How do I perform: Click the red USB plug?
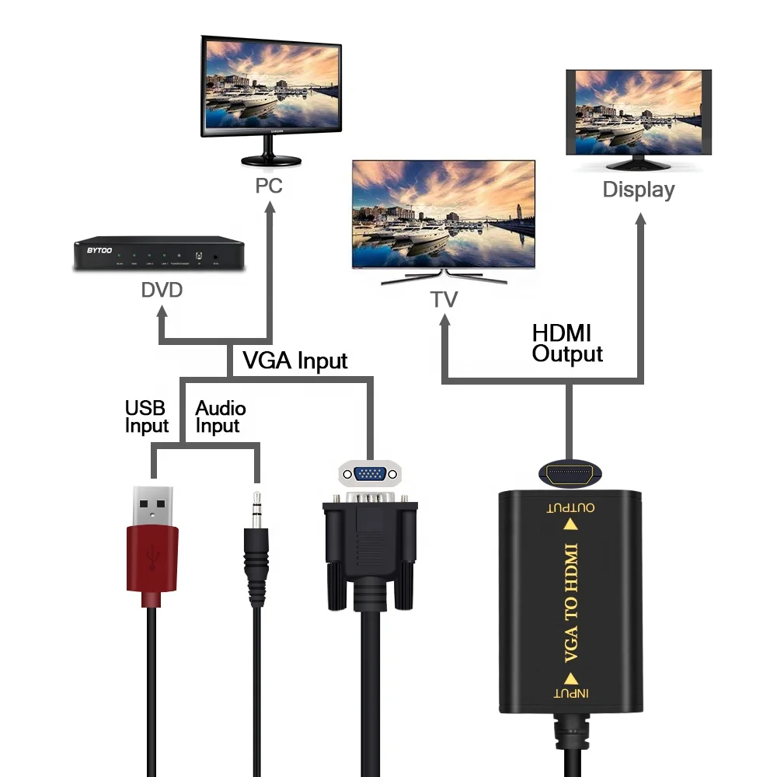click(x=152, y=556)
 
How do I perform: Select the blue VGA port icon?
click(x=370, y=473)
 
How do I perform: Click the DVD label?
click(x=162, y=291)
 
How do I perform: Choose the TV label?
click(x=444, y=300)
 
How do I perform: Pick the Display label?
click(x=639, y=190)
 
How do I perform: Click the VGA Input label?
click(x=295, y=361)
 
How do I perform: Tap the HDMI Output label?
click(x=566, y=343)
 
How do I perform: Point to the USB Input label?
click(x=146, y=417)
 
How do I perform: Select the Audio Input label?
click(x=220, y=417)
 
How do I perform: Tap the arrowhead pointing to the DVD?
click(x=162, y=312)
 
